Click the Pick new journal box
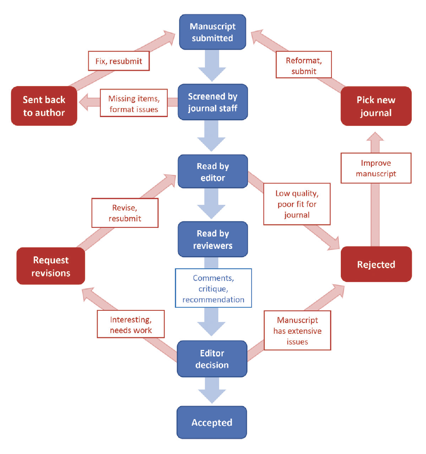(376, 106)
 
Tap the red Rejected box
(376, 265)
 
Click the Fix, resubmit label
(118, 61)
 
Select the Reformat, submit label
(304, 66)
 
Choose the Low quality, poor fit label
(297, 204)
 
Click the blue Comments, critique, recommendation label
(213, 289)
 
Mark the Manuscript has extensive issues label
(297, 331)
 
